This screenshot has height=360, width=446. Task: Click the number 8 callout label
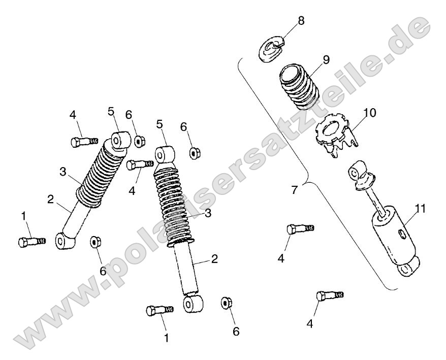[x=301, y=21]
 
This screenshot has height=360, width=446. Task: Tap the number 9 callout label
[x=326, y=60]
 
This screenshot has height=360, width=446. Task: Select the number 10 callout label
[x=369, y=113]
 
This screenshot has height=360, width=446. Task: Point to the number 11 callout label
[x=421, y=209]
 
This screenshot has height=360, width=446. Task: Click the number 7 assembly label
[x=295, y=190]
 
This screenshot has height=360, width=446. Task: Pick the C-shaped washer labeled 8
[x=271, y=48]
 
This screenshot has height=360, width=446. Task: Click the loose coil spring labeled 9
[x=300, y=87]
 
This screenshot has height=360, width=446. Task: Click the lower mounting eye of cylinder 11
[x=409, y=267]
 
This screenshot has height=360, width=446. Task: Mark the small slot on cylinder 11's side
[x=402, y=234]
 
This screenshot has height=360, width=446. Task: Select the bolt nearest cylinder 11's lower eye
[x=330, y=296]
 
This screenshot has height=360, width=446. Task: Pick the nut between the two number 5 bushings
[x=139, y=141]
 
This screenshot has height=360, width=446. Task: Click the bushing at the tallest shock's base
[x=194, y=304]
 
